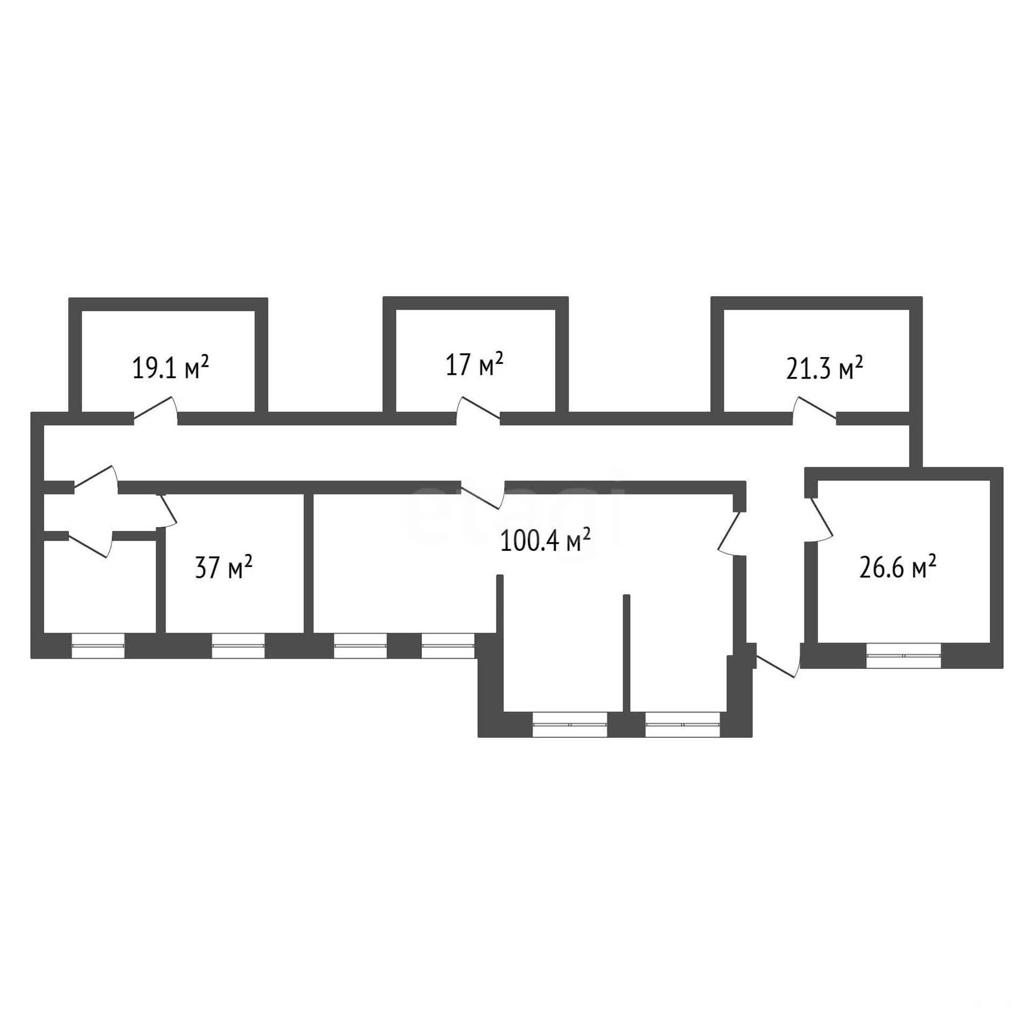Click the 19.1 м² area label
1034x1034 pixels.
click(170, 368)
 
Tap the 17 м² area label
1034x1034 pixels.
click(474, 364)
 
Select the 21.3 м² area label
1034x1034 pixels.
click(825, 368)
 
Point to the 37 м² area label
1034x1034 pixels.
click(223, 567)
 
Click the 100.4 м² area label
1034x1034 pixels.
click(546, 540)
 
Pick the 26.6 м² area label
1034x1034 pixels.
click(897, 567)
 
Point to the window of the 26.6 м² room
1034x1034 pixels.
click(904, 656)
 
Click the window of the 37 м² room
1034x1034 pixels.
click(238, 646)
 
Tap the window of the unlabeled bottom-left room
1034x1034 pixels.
click(98, 646)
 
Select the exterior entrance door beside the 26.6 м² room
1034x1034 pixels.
click(777, 660)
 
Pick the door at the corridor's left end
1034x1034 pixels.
click(95, 479)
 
